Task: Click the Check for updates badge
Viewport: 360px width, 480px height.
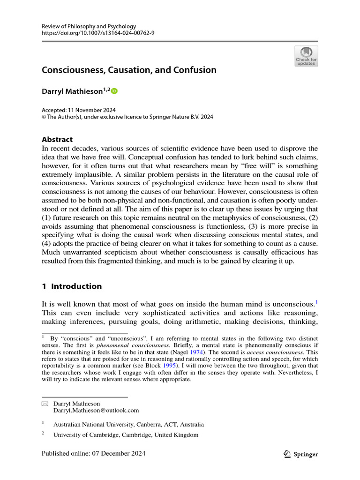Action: click(306, 56)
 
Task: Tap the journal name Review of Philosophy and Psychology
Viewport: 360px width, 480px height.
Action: click(89, 26)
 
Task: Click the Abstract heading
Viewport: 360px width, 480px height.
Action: click(57, 139)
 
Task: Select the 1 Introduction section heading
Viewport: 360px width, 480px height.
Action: click(72, 286)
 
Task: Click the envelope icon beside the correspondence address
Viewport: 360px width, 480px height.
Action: click(45, 404)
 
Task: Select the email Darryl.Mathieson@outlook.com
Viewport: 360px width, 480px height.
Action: click(96, 410)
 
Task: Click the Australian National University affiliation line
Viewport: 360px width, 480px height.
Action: click(128, 425)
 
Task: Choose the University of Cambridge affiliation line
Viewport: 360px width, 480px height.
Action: click(126, 435)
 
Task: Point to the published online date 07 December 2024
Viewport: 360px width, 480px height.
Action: click(94, 453)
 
